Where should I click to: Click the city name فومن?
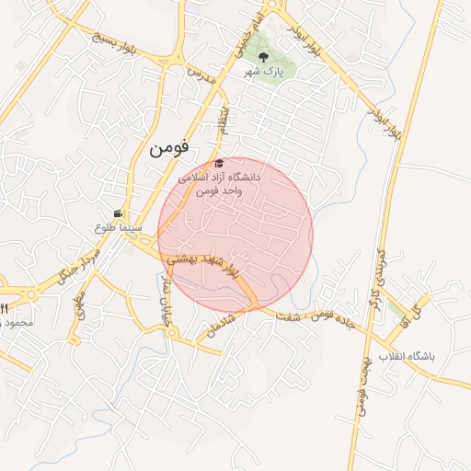[172, 144]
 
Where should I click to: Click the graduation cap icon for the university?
[218, 163]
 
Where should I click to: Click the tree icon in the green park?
[264, 57]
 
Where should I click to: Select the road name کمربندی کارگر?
[378, 267]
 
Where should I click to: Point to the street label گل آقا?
[410, 314]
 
